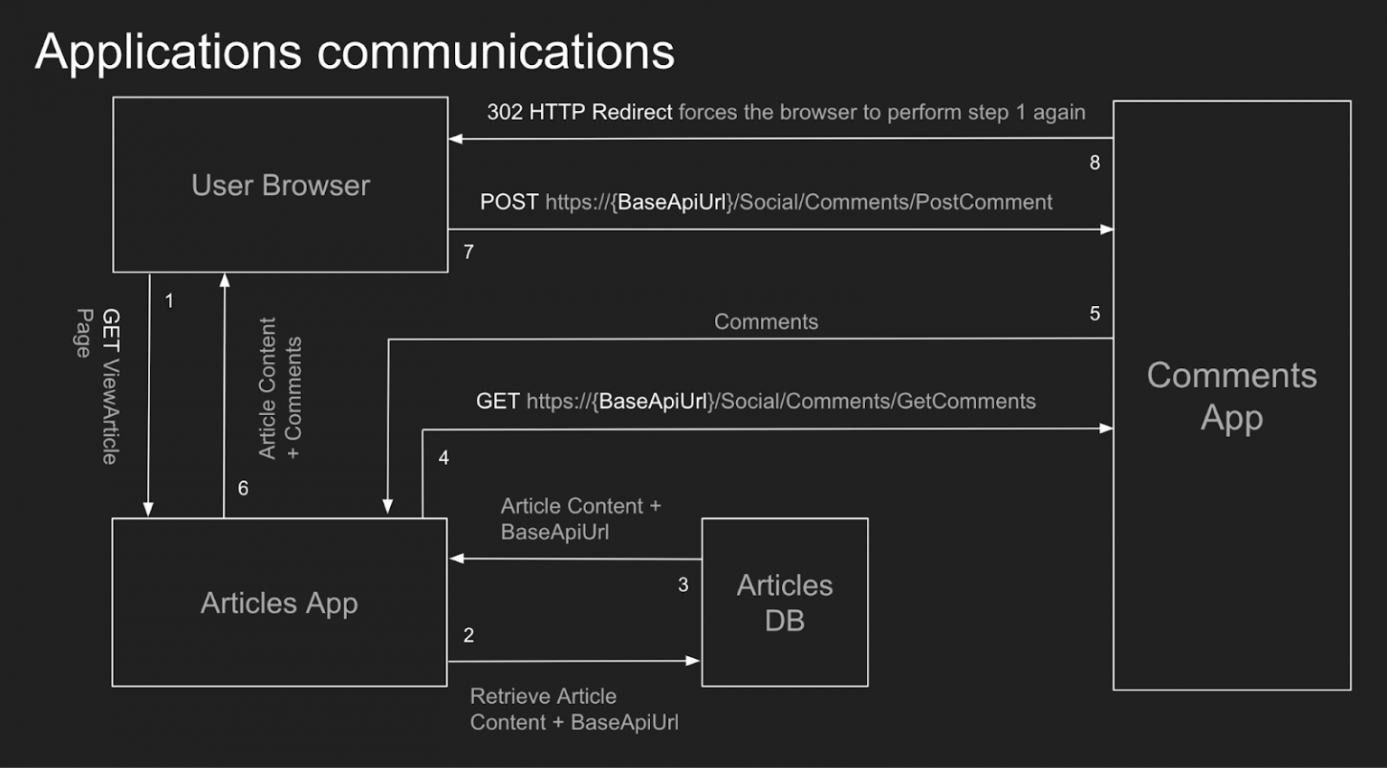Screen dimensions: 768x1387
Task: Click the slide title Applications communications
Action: click(x=354, y=51)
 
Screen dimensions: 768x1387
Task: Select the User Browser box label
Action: click(x=280, y=185)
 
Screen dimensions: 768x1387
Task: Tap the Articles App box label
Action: click(x=279, y=603)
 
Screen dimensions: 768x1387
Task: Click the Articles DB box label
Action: click(x=784, y=602)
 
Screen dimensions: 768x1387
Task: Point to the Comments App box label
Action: click(x=1231, y=396)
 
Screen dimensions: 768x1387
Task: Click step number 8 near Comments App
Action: click(x=1094, y=163)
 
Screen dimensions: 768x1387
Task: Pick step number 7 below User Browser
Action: click(x=469, y=253)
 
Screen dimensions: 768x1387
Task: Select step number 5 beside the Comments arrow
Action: click(x=1094, y=314)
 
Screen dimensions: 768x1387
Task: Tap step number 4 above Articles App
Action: click(x=443, y=458)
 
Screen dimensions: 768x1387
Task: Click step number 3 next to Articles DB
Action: click(x=683, y=586)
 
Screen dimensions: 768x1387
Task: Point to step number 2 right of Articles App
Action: click(x=469, y=635)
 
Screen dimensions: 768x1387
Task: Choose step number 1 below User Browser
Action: click(x=169, y=301)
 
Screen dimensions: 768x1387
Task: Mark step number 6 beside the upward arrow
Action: click(x=243, y=488)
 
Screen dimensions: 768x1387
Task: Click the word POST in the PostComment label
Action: click(x=508, y=202)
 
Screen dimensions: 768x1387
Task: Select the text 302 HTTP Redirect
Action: click(x=579, y=112)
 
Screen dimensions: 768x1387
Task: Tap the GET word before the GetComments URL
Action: click(x=497, y=402)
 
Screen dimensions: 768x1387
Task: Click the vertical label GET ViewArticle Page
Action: click(x=98, y=385)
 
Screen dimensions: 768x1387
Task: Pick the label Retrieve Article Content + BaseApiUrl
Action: click(x=573, y=709)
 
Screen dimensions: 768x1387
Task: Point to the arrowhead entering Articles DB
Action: click(x=693, y=661)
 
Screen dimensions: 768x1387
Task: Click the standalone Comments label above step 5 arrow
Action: click(x=766, y=322)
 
